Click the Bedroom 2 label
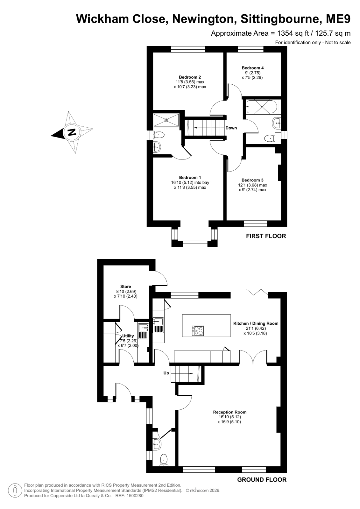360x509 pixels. (190, 77)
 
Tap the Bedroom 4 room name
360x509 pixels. (252, 68)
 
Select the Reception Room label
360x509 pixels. (229, 412)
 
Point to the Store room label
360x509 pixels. (125, 286)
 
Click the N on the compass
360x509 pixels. (72, 132)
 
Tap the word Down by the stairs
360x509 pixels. (231, 128)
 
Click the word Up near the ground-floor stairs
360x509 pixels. (166, 373)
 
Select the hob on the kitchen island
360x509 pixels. (198, 331)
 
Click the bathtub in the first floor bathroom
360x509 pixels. (262, 107)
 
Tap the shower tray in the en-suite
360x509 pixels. (166, 120)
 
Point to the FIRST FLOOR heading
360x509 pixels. (266, 236)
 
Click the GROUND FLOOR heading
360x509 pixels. (262, 480)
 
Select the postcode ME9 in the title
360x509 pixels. (338, 19)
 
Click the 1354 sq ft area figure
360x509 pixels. (293, 33)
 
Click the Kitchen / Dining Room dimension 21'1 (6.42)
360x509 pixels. (256, 328)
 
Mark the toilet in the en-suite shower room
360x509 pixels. (159, 135)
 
